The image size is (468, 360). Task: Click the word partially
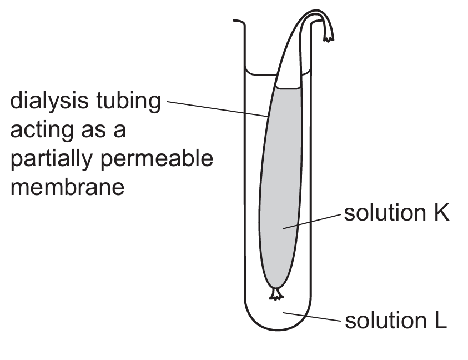point(51,159)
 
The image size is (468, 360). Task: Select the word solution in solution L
point(383,321)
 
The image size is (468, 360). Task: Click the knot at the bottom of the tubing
point(275,293)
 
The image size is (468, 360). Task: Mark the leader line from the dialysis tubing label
point(217,109)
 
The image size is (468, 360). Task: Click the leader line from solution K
point(311,221)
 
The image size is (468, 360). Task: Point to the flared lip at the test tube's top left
point(239,22)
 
